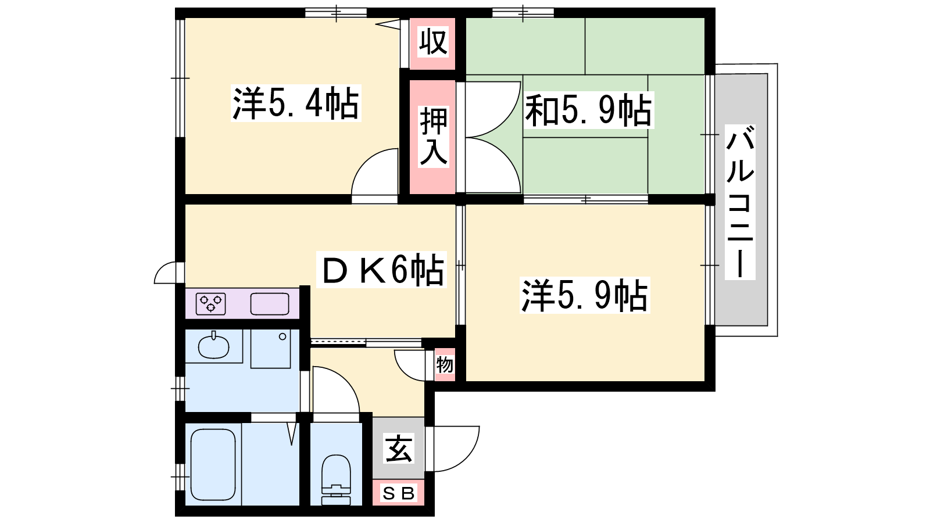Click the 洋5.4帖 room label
point(296,103)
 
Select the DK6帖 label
point(381,269)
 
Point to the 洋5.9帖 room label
point(584,295)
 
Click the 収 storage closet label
point(433,41)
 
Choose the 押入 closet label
point(434,137)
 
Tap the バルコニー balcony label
point(740,202)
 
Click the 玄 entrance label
point(399,448)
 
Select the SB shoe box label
point(398,493)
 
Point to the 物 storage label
point(445,365)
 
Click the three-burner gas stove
point(211,303)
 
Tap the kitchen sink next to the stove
point(270,303)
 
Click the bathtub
point(213,465)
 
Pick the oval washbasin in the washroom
point(213,346)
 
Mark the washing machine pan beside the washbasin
point(270,349)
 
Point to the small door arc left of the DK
point(161,269)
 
